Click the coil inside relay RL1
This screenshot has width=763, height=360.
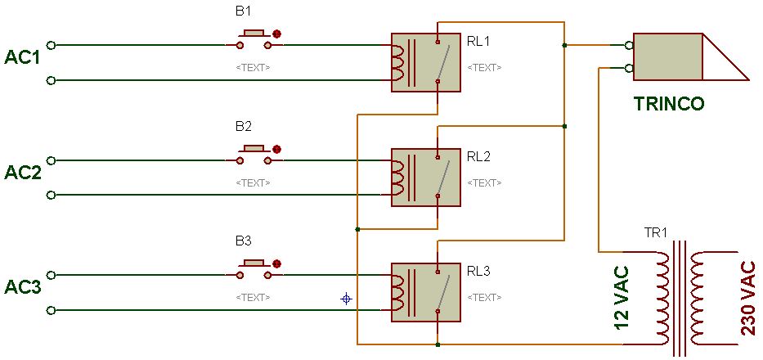click(x=399, y=63)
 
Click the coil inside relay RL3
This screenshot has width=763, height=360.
click(x=399, y=292)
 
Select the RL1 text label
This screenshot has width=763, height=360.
click(x=478, y=41)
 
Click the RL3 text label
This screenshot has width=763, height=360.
click(x=478, y=270)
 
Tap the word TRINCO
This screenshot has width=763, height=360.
click(x=668, y=104)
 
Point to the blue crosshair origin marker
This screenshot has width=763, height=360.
click(x=346, y=299)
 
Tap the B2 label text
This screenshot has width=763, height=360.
click(x=243, y=126)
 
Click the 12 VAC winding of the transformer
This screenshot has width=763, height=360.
click(x=660, y=297)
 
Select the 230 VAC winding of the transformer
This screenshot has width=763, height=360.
click(x=698, y=297)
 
